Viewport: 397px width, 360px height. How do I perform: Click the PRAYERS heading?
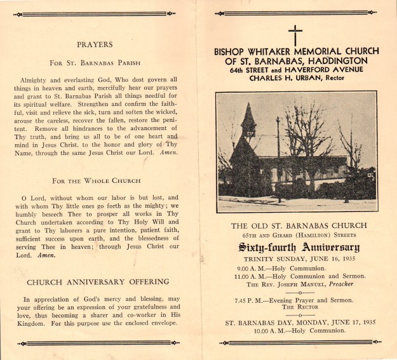[95, 45]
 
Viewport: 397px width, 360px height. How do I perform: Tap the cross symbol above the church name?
[295, 34]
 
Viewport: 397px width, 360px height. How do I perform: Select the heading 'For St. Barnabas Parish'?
[95, 63]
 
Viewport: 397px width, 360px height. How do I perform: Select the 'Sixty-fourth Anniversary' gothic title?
[295, 248]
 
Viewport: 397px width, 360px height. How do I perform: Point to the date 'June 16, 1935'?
[321, 258]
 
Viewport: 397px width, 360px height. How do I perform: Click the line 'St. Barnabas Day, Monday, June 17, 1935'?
[295, 322]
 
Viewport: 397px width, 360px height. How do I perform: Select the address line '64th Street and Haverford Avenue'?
[296, 70]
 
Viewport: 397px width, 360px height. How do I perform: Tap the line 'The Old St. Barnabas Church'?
[295, 225]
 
